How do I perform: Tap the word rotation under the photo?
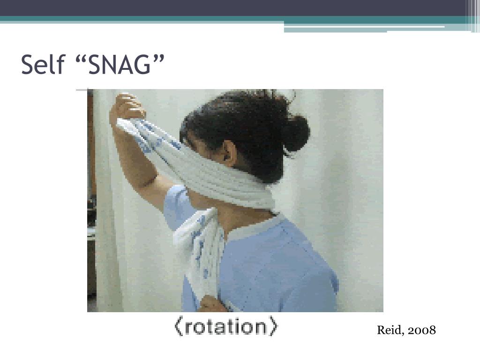tap(226, 327)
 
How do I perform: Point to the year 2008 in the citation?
tap(422, 330)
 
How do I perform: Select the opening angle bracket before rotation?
tap(178, 327)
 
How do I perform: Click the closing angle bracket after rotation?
tap(273, 327)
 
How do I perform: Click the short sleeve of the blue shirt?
tap(176, 206)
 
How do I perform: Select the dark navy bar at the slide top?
tap(234, 7)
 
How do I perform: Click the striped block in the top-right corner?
tap(473, 15)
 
